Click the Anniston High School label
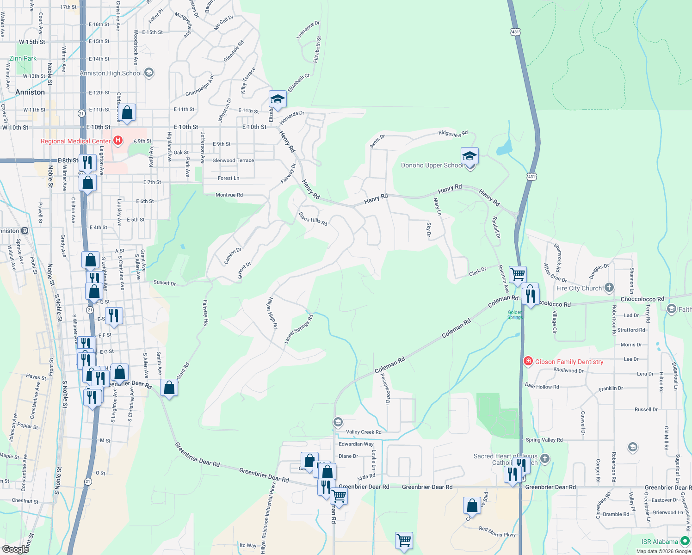pos(111,73)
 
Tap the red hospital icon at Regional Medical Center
pos(118,140)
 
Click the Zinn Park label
pos(23,58)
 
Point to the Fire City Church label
pos(579,288)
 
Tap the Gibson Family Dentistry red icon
pos(528,361)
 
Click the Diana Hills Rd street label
pos(313,219)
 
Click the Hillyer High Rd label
pos(272,313)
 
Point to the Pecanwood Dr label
pos(385,389)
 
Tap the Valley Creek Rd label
pos(364,432)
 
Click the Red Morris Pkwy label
pos(497,532)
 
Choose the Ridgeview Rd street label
pos(453,134)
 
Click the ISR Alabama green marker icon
pos(685,541)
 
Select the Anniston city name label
pos(30,92)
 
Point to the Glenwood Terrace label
pos(233,160)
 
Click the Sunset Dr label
pos(165,283)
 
